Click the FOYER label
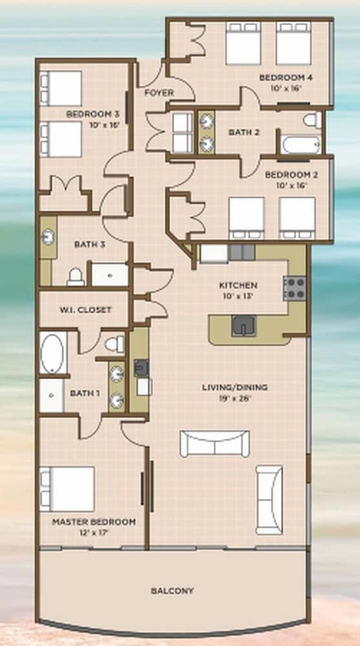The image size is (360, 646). pos(159,93)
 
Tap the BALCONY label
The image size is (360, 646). pos(172,591)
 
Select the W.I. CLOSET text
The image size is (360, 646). pos(85,310)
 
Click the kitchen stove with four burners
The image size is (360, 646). pos(295,288)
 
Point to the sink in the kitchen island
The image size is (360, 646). pos(243,326)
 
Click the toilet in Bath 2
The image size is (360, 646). pos(312,120)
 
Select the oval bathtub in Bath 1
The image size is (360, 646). pos(52,354)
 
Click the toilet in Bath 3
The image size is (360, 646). pos(76,277)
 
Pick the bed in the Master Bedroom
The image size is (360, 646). pos(67,489)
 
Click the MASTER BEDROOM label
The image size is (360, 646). pos(94,522)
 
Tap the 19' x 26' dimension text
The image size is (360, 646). pos(235,398)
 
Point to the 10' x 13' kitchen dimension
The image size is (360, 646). pos(238,295)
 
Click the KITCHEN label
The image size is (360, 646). pos(238,285)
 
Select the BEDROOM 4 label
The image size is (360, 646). pos(286,78)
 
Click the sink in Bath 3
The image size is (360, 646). pos(48,237)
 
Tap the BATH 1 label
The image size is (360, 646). pos(85,393)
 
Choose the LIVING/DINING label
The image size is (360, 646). pos(235,387)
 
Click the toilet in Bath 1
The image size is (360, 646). pos(114,344)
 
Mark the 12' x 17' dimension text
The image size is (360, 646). pos(94,532)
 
